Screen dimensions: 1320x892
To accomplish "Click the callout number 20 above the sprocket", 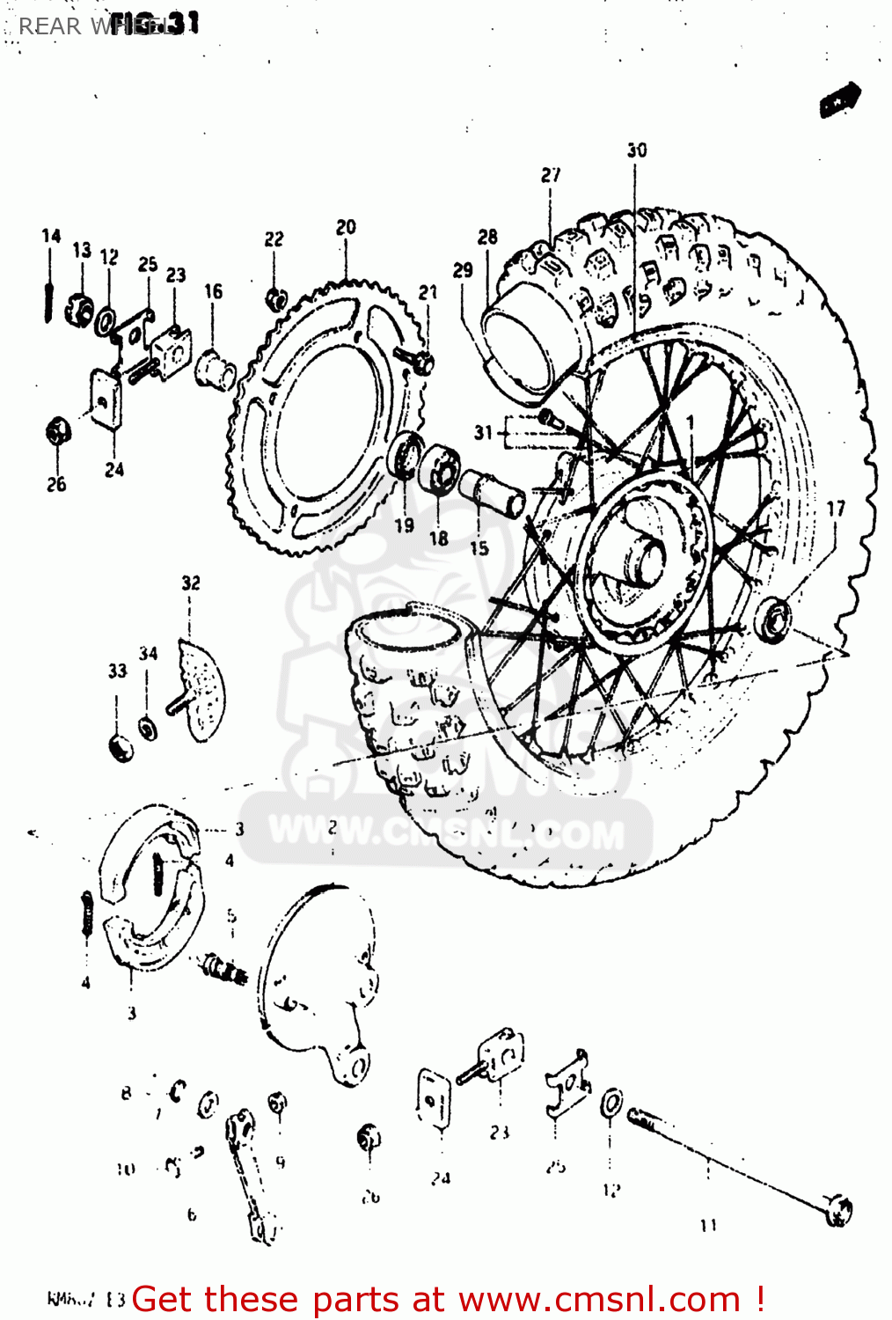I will coord(346,227).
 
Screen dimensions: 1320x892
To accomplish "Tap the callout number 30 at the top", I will coord(637,150).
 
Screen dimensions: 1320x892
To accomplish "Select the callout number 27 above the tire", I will coord(551,175).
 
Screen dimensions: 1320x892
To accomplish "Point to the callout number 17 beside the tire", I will coord(836,509).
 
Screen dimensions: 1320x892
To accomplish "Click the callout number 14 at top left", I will coord(51,236).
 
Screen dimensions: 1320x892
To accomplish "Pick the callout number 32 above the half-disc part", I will coord(191,583).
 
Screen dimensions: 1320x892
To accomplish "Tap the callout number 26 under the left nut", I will coord(56,484).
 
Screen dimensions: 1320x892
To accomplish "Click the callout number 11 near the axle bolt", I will coord(709,1224).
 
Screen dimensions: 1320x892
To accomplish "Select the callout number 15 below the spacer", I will coord(479,548).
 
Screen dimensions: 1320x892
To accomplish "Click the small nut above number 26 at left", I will coord(57,431).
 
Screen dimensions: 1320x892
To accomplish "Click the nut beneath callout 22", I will coord(275,298).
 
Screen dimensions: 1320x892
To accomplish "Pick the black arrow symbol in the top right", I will coord(840,99).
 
